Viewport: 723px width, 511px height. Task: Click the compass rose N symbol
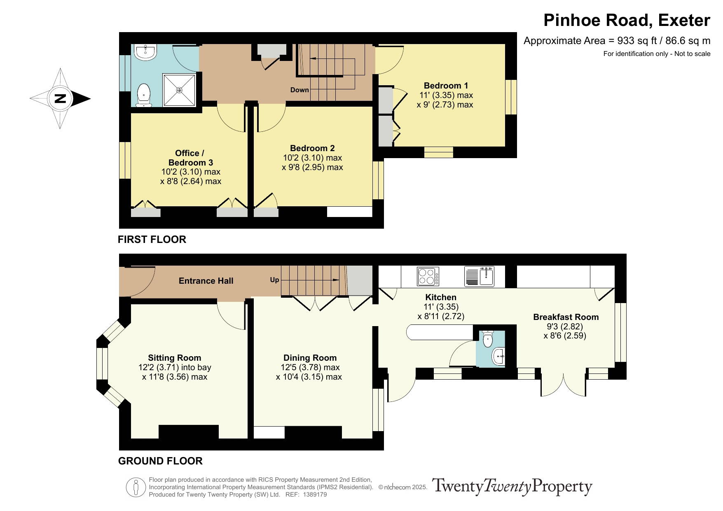click(60, 98)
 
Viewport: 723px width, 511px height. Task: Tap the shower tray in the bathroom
click(179, 90)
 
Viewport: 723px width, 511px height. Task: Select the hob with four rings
click(428, 276)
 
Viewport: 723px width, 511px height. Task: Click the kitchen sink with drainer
click(479, 276)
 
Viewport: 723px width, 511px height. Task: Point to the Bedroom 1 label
click(446, 86)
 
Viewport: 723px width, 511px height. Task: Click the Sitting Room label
click(175, 358)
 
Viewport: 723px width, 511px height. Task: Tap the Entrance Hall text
click(206, 281)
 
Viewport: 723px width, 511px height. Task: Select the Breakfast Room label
click(566, 317)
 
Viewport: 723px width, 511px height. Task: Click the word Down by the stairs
click(299, 90)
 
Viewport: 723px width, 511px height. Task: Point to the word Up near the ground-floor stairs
click(274, 280)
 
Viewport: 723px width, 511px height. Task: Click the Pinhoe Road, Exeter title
click(627, 20)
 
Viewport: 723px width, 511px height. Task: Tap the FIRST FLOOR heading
click(152, 239)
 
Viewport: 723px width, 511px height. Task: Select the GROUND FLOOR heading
click(160, 461)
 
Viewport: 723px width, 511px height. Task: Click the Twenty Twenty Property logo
click(512, 487)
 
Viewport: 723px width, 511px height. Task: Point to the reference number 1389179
click(315, 495)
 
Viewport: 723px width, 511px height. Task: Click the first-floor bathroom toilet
click(143, 95)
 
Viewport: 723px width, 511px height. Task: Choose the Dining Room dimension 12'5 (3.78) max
click(310, 367)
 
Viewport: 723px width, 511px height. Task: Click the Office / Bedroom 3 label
click(190, 158)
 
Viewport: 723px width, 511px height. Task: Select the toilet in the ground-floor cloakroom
click(488, 338)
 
